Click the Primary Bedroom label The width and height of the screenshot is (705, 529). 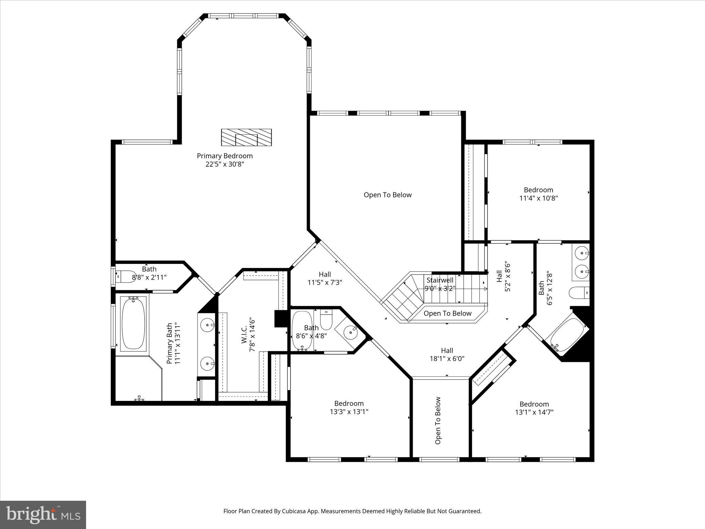tap(224, 156)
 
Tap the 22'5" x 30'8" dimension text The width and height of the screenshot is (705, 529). tap(224, 164)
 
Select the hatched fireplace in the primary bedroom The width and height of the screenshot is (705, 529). tap(246, 137)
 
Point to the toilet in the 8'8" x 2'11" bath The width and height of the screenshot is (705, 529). tap(127, 276)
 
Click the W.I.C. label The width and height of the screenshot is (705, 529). tap(244, 335)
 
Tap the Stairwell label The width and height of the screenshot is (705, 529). tap(440, 280)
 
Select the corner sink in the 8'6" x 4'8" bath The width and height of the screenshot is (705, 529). tap(350, 332)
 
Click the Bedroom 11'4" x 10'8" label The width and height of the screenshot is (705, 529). tap(538, 190)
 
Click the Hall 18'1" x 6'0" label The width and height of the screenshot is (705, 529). tap(447, 351)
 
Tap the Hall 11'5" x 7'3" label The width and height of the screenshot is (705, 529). tap(325, 274)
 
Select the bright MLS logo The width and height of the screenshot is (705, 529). tap(43, 515)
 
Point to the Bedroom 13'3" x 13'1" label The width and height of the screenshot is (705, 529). tap(349, 403)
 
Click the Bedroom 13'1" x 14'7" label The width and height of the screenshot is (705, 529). tap(534, 404)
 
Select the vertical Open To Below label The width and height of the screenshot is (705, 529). tap(438, 421)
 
